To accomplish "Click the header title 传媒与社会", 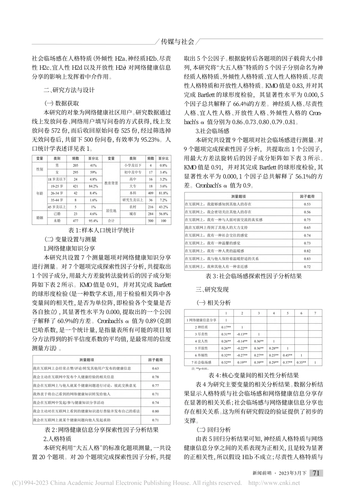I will [x=178, y=41].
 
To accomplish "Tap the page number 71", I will [x=316, y=473].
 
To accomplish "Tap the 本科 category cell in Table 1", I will [x=133, y=193].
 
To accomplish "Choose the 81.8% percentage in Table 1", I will [x=163, y=193].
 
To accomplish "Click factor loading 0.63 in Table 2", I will [x=155, y=368].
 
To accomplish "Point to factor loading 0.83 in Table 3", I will [x=307, y=259].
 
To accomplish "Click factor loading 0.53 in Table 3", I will [x=307, y=204].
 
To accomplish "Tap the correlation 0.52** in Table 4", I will [x=226, y=363].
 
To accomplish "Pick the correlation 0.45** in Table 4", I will [x=287, y=355].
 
